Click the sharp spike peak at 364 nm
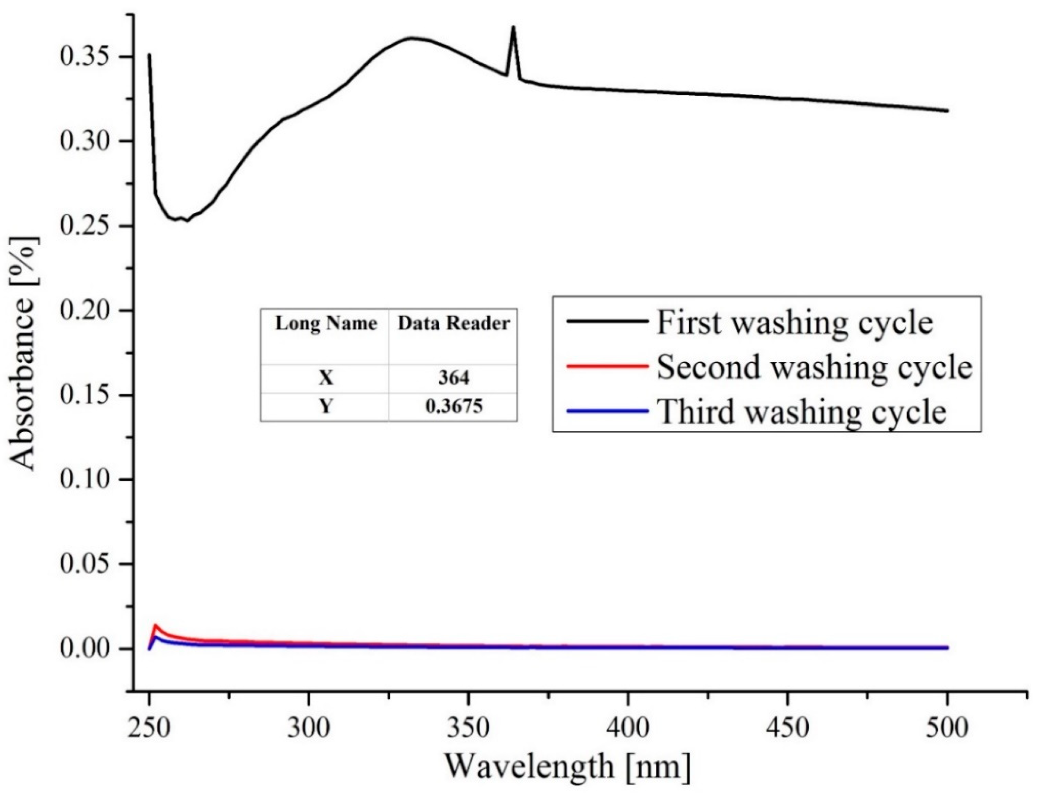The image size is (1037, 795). [513, 28]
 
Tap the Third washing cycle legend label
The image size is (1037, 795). [802, 412]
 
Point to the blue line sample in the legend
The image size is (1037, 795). [607, 411]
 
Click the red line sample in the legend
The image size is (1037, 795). [607, 366]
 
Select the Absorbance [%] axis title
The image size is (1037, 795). [24, 353]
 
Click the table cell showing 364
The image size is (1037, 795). [453, 378]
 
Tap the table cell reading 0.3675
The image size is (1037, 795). [453, 406]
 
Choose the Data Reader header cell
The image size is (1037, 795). [453, 324]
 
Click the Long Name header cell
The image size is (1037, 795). [325, 324]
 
